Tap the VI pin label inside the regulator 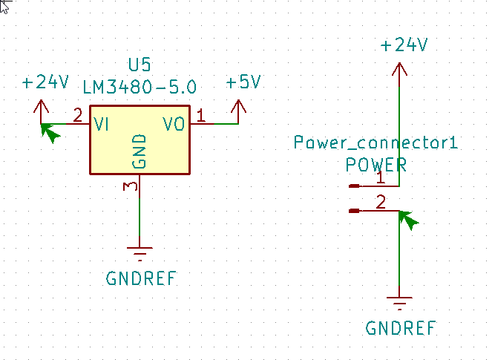102,125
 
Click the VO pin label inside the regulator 174,125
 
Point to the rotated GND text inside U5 140,151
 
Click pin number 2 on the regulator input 77,115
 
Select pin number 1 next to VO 200,115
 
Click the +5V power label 243,82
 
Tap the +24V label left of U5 45,82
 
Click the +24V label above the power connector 404,45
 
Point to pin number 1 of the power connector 380,177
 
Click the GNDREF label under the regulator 141,279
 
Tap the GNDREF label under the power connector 401,328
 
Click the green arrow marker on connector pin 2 407,219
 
